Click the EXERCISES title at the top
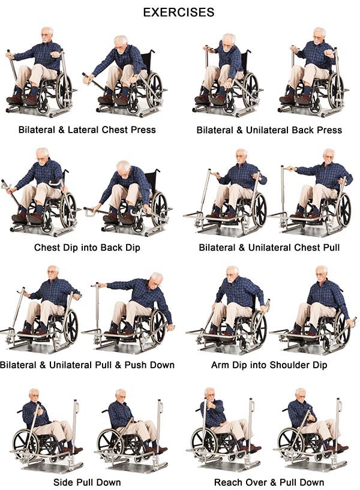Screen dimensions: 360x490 [x=179, y=12]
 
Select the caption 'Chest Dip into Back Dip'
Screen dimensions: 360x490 [x=87, y=248]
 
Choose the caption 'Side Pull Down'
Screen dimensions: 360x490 [x=87, y=482]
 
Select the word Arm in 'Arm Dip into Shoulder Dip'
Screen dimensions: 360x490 [x=219, y=365]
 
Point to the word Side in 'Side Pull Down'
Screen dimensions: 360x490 [x=63, y=482]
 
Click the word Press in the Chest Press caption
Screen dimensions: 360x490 [x=143, y=130]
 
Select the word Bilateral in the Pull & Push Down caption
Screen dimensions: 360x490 [x=17, y=365]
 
